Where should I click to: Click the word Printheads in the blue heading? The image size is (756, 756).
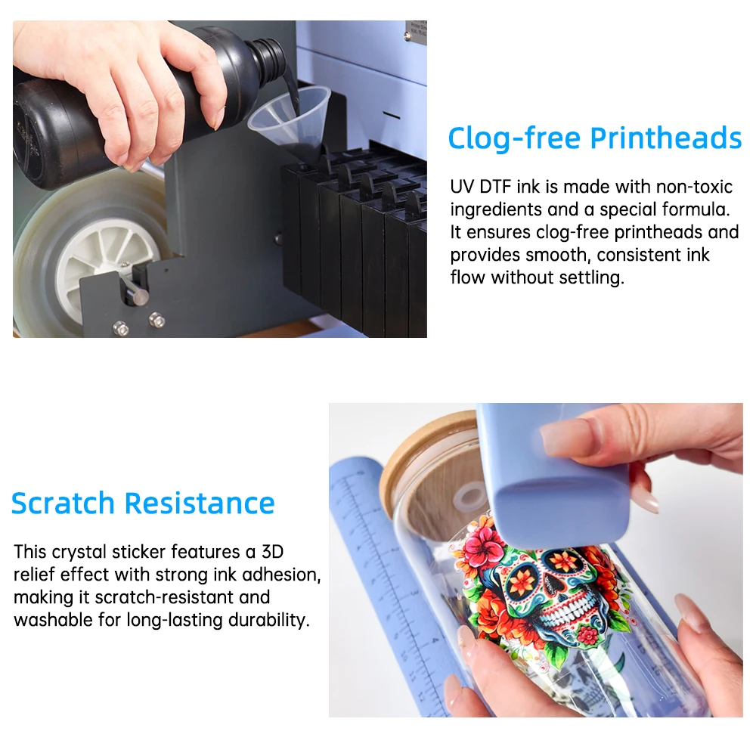click(x=666, y=139)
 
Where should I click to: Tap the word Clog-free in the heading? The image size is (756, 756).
click(x=514, y=139)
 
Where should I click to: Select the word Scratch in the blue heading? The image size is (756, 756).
click(x=63, y=503)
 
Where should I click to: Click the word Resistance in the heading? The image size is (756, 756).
click(x=200, y=503)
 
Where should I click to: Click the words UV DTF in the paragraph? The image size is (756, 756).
click(x=481, y=187)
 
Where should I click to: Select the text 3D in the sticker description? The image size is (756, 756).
click(x=272, y=552)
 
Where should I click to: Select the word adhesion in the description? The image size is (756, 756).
click(x=281, y=575)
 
